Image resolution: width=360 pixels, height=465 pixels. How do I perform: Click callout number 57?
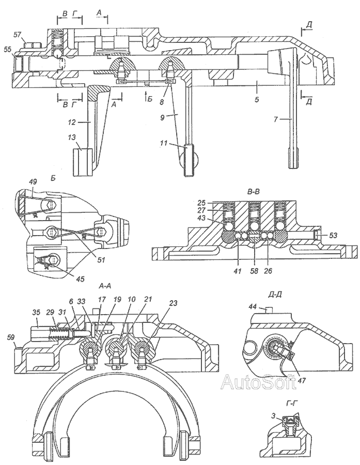point(17,35)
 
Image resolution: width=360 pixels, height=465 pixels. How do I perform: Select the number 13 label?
point(71,137)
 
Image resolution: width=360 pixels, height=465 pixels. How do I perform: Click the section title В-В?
point(254,192)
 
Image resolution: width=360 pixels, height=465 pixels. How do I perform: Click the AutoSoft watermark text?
point(259,382)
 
